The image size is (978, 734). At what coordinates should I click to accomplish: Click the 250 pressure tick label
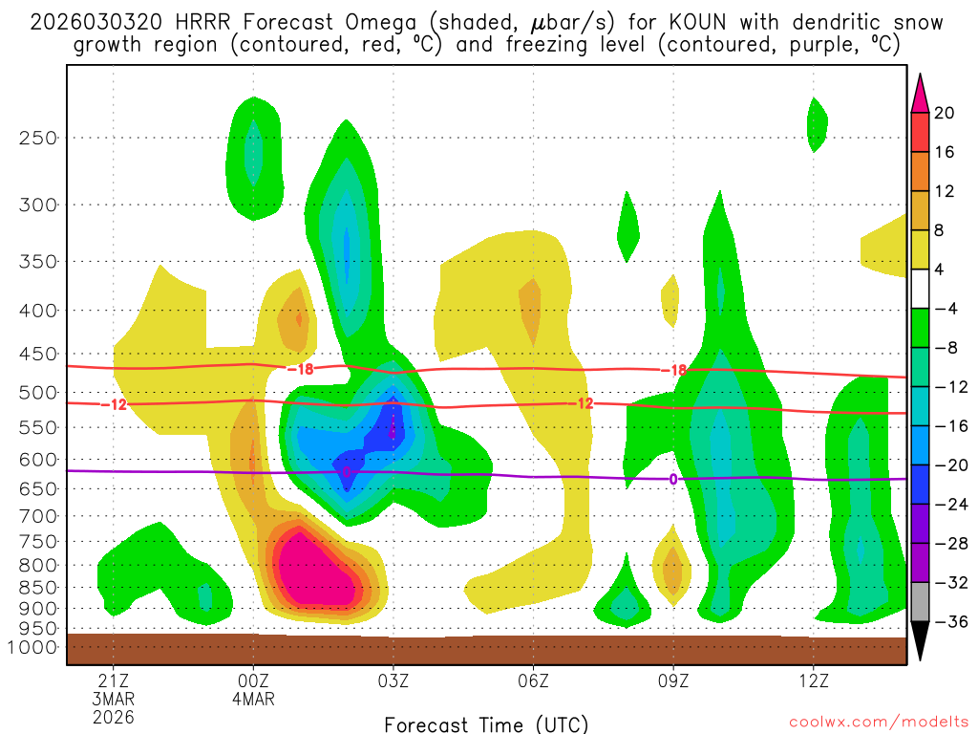coord(39,138)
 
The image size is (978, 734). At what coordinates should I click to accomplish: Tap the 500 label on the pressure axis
coord(39,392)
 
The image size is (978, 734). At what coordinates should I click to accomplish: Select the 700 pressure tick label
coord(39,515)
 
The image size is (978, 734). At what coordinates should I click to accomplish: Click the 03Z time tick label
coord(393,681)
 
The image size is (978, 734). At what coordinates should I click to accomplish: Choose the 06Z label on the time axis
coord(533,681)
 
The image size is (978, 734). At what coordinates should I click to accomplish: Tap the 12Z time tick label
coord(813,681)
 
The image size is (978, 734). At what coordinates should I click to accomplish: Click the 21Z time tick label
coord(114,681)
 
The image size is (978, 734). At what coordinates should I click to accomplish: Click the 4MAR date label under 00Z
coord(253,699)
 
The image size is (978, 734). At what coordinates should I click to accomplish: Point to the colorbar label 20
coord(945,113)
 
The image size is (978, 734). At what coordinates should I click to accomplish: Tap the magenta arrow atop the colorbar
coord(920,93)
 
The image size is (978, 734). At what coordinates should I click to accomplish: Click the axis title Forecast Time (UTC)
coord(486,723)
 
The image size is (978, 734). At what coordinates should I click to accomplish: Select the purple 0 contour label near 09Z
coord(673,479)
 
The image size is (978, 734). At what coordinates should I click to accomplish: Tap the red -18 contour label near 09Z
coord(673,370)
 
